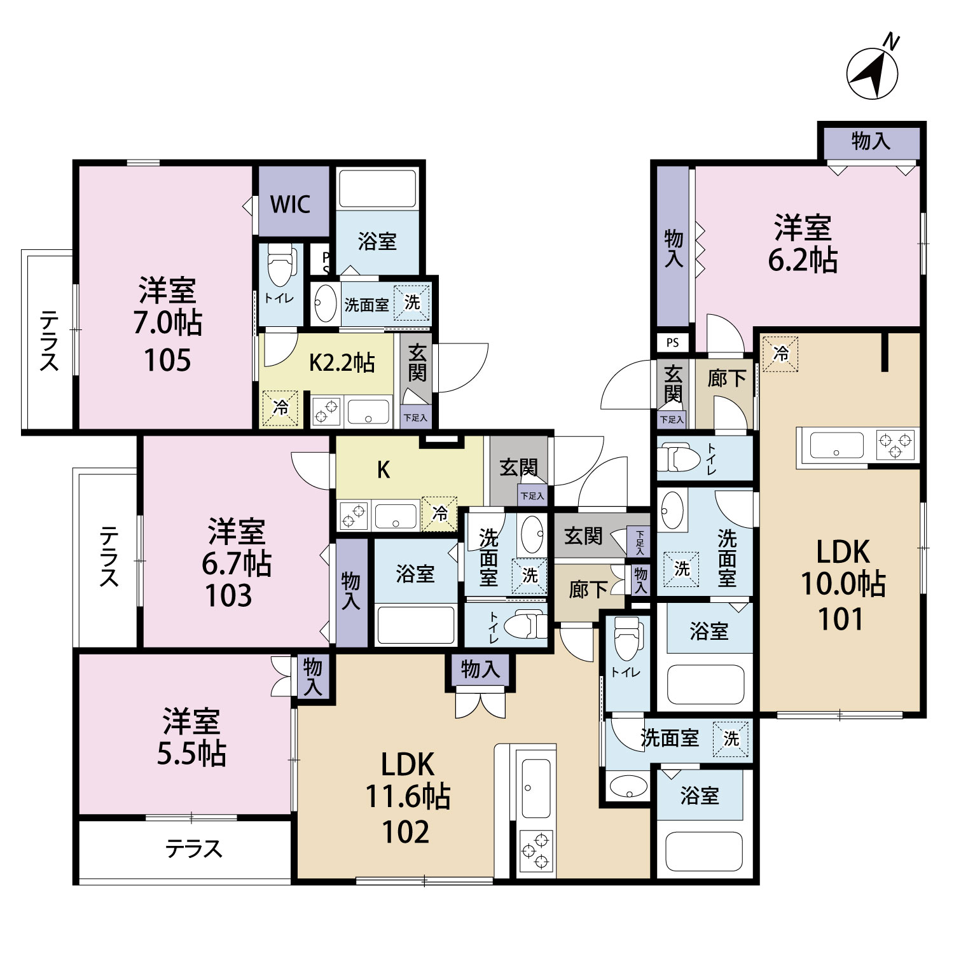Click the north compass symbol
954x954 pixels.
click(x=873, y=71)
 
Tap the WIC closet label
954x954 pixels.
click(x=291, y=205)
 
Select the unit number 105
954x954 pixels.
click(x=167, y=361)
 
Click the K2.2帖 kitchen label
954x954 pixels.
click(x=342, y=363)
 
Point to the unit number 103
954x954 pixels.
click(x=228, y=596)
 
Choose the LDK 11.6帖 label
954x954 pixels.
click(x=408, y=780)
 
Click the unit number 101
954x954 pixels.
click(x=841, y=619)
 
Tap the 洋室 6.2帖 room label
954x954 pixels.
click(x=803, y=244)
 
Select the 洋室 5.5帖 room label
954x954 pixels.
click(x=191, y=737)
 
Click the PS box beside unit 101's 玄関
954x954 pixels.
click(x=673, y=343)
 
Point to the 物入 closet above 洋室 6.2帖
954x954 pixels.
click(x=871, y=141)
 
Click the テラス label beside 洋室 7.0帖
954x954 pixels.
click(x=49, y=340)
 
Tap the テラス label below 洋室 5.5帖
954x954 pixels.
click(x=194, y=849)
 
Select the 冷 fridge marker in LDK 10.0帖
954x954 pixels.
click(x=780, y=353)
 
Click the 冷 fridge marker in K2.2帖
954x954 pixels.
click(x=280, y=408)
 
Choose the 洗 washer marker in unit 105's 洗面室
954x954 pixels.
click(x=412, y=303)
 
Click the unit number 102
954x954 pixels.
click(x=406, y=832)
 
